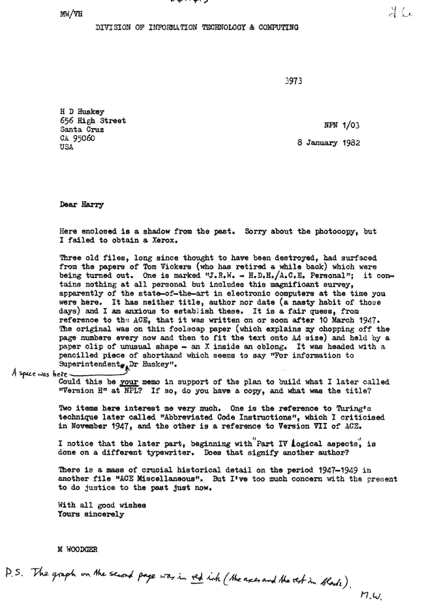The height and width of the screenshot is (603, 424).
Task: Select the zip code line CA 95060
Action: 77,140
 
